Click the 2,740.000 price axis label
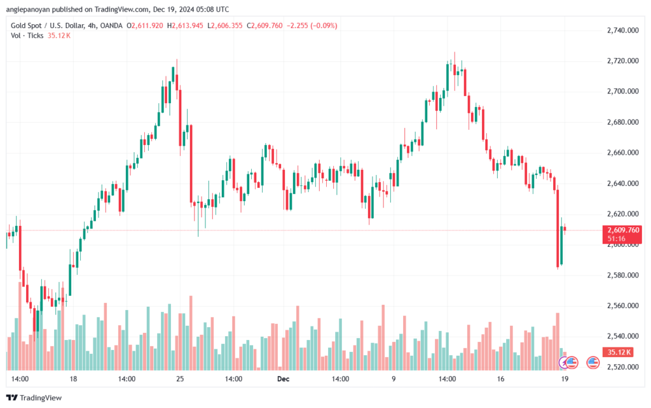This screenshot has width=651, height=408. pyautogui.click(x=623, y=31)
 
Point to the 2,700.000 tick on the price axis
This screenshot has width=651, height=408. pyautogui.click(x=623, y=92)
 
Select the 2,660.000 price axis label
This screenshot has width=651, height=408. pyautogui.click(x=623, y=153)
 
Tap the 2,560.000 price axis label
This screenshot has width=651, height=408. pyautogui.click(x=623, y=306)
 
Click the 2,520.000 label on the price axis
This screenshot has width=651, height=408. pyautogui.click(x=623, y=367)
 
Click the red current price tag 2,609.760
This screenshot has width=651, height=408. pyautogui.click(x=622, y=234)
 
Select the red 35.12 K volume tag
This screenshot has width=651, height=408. pyautogui.click(x=618, y=353)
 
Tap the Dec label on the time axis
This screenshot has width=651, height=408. pyautogui.click(x=283, y=379)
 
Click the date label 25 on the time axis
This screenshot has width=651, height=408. pyautogui.click(x=180, y=379)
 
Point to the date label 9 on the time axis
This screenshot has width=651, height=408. pyautogui.click(x=394, y=379)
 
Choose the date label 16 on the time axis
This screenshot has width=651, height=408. pyautogui.click(x=501, y=379)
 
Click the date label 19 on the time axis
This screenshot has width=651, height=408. pyautogui.click(x=565, y=379)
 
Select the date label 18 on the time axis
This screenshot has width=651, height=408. pyautogui.click(x=74, y=379)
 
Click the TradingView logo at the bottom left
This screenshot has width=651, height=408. pyautogui.click(x=34, y=398)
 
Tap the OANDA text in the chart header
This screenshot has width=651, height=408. pyautogui.click(x=111, y=25)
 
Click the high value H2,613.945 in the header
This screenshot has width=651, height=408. pyautogui.click(x=185, y=25)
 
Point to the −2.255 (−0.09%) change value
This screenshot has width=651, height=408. pyautogui.click(x=312, y=25)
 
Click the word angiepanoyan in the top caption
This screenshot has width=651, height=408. pyautogui.click(x=27, y=9)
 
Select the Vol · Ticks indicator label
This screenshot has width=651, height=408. pyautogui.click(x=27, y=36)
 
